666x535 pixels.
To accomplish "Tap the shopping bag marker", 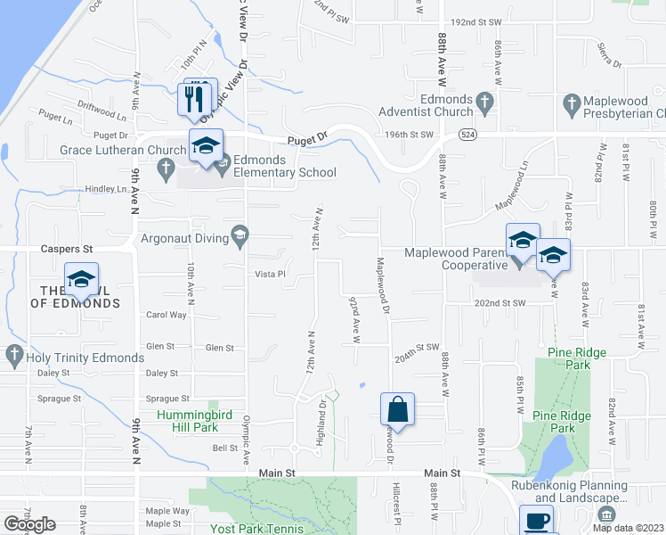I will coord(397,411).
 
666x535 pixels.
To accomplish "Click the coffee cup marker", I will coord(536,521).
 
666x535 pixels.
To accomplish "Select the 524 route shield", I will coord(467,134).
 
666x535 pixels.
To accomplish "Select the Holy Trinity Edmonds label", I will coord(85,358).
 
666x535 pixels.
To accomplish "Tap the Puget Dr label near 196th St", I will coord(306,141).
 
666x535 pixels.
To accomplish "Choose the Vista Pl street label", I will coord(270,274).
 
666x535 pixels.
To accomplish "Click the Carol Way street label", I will coord(166,315).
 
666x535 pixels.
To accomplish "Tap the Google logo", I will coord(29,524).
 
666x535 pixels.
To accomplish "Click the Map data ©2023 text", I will coord(629,527).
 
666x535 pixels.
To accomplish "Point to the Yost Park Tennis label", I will coord(258,528).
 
